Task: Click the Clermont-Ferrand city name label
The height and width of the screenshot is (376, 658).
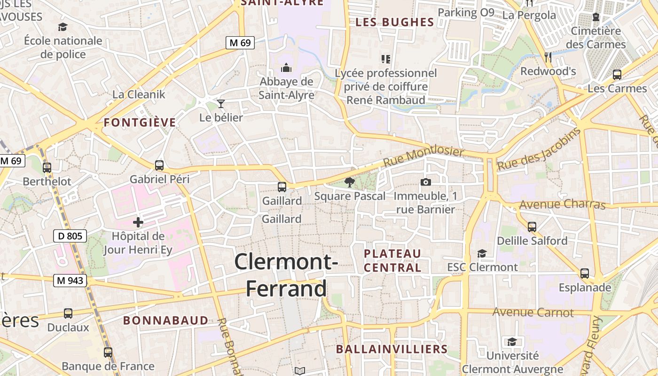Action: tap(286, 275)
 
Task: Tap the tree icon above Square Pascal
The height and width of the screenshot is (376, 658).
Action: tap(349, 182)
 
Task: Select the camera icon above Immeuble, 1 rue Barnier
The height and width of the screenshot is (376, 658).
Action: tap(426, 182)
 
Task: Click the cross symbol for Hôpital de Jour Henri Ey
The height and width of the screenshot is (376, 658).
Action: tap(138, 222)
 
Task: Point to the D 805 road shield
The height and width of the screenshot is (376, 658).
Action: tap(70, 236)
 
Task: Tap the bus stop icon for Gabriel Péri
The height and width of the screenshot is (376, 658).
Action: tap(159, 165)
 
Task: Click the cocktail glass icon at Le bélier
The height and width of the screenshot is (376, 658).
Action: tap(221, 103)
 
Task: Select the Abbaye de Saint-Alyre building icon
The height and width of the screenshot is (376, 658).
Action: tap(286, 68)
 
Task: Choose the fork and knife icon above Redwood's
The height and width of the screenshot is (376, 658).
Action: tap(548, 57)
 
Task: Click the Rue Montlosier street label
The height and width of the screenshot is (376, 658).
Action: tap(423, 157)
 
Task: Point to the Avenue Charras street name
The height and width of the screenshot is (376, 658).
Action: tap(562, 204)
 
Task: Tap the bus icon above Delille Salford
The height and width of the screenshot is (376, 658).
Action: tap(532, 227)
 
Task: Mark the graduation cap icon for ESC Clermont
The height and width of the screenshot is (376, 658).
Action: tap(482, 253)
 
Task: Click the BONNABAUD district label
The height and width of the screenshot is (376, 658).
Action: tap(165, 321)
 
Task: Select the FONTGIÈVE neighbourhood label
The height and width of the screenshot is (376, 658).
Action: tap(140, 123)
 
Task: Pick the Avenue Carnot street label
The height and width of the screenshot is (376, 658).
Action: tap(533, 312)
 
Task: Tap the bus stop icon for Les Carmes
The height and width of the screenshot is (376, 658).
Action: tap(617, 75)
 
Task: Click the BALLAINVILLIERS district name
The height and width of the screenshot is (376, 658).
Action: tap(392, 349)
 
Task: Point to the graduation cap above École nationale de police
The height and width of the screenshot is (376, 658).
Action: tap(63, 27)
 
